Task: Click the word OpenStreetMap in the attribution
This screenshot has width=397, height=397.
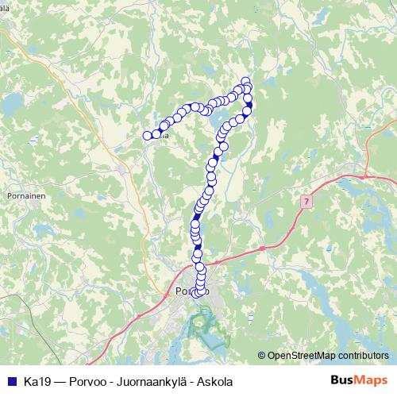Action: click(x=302, y=357)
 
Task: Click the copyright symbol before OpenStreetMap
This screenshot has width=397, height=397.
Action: click(x=261, y=357)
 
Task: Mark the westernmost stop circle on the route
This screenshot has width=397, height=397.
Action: click(x=147, y=136)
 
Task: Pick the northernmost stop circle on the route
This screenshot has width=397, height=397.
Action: click(x=245, y=81)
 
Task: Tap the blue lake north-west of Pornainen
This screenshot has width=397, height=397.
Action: click(x=13, y=103)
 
